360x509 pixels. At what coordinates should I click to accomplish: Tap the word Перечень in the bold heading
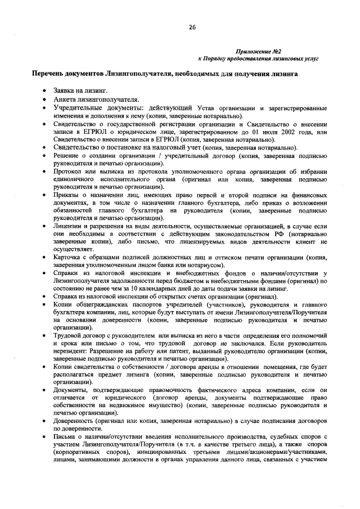(x=50, y=74)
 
